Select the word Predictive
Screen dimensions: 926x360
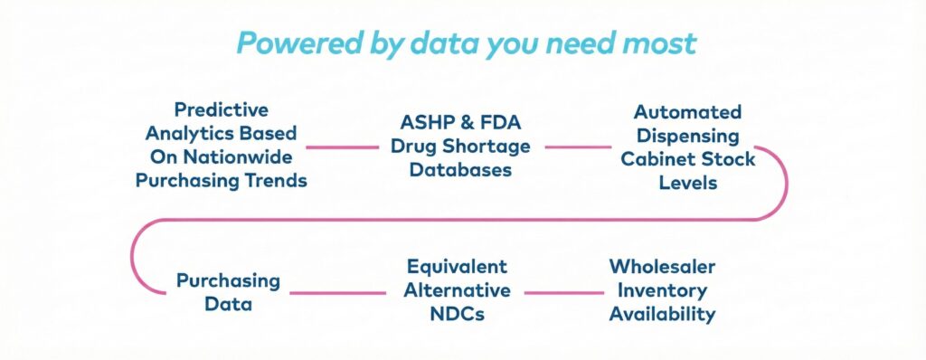[x=222, y=110]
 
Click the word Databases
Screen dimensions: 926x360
[x=460, y=170]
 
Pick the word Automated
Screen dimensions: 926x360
[x=688, y=112]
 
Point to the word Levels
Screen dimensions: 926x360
[x=688, y=183]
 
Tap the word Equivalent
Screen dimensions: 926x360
[x=457, y=267]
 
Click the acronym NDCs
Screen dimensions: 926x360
[x=457, y=314]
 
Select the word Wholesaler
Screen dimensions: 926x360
[x=662, y=267]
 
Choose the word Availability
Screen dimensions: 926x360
[x=662, y=314]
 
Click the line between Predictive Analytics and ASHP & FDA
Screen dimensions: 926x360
[x=342, y=147]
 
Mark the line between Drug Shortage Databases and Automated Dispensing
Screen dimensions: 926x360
[x=578, y=147]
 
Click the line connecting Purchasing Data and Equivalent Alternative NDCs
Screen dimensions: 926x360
[x=338, y=292]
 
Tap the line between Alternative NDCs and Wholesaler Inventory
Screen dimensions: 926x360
[x=564, y=292]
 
